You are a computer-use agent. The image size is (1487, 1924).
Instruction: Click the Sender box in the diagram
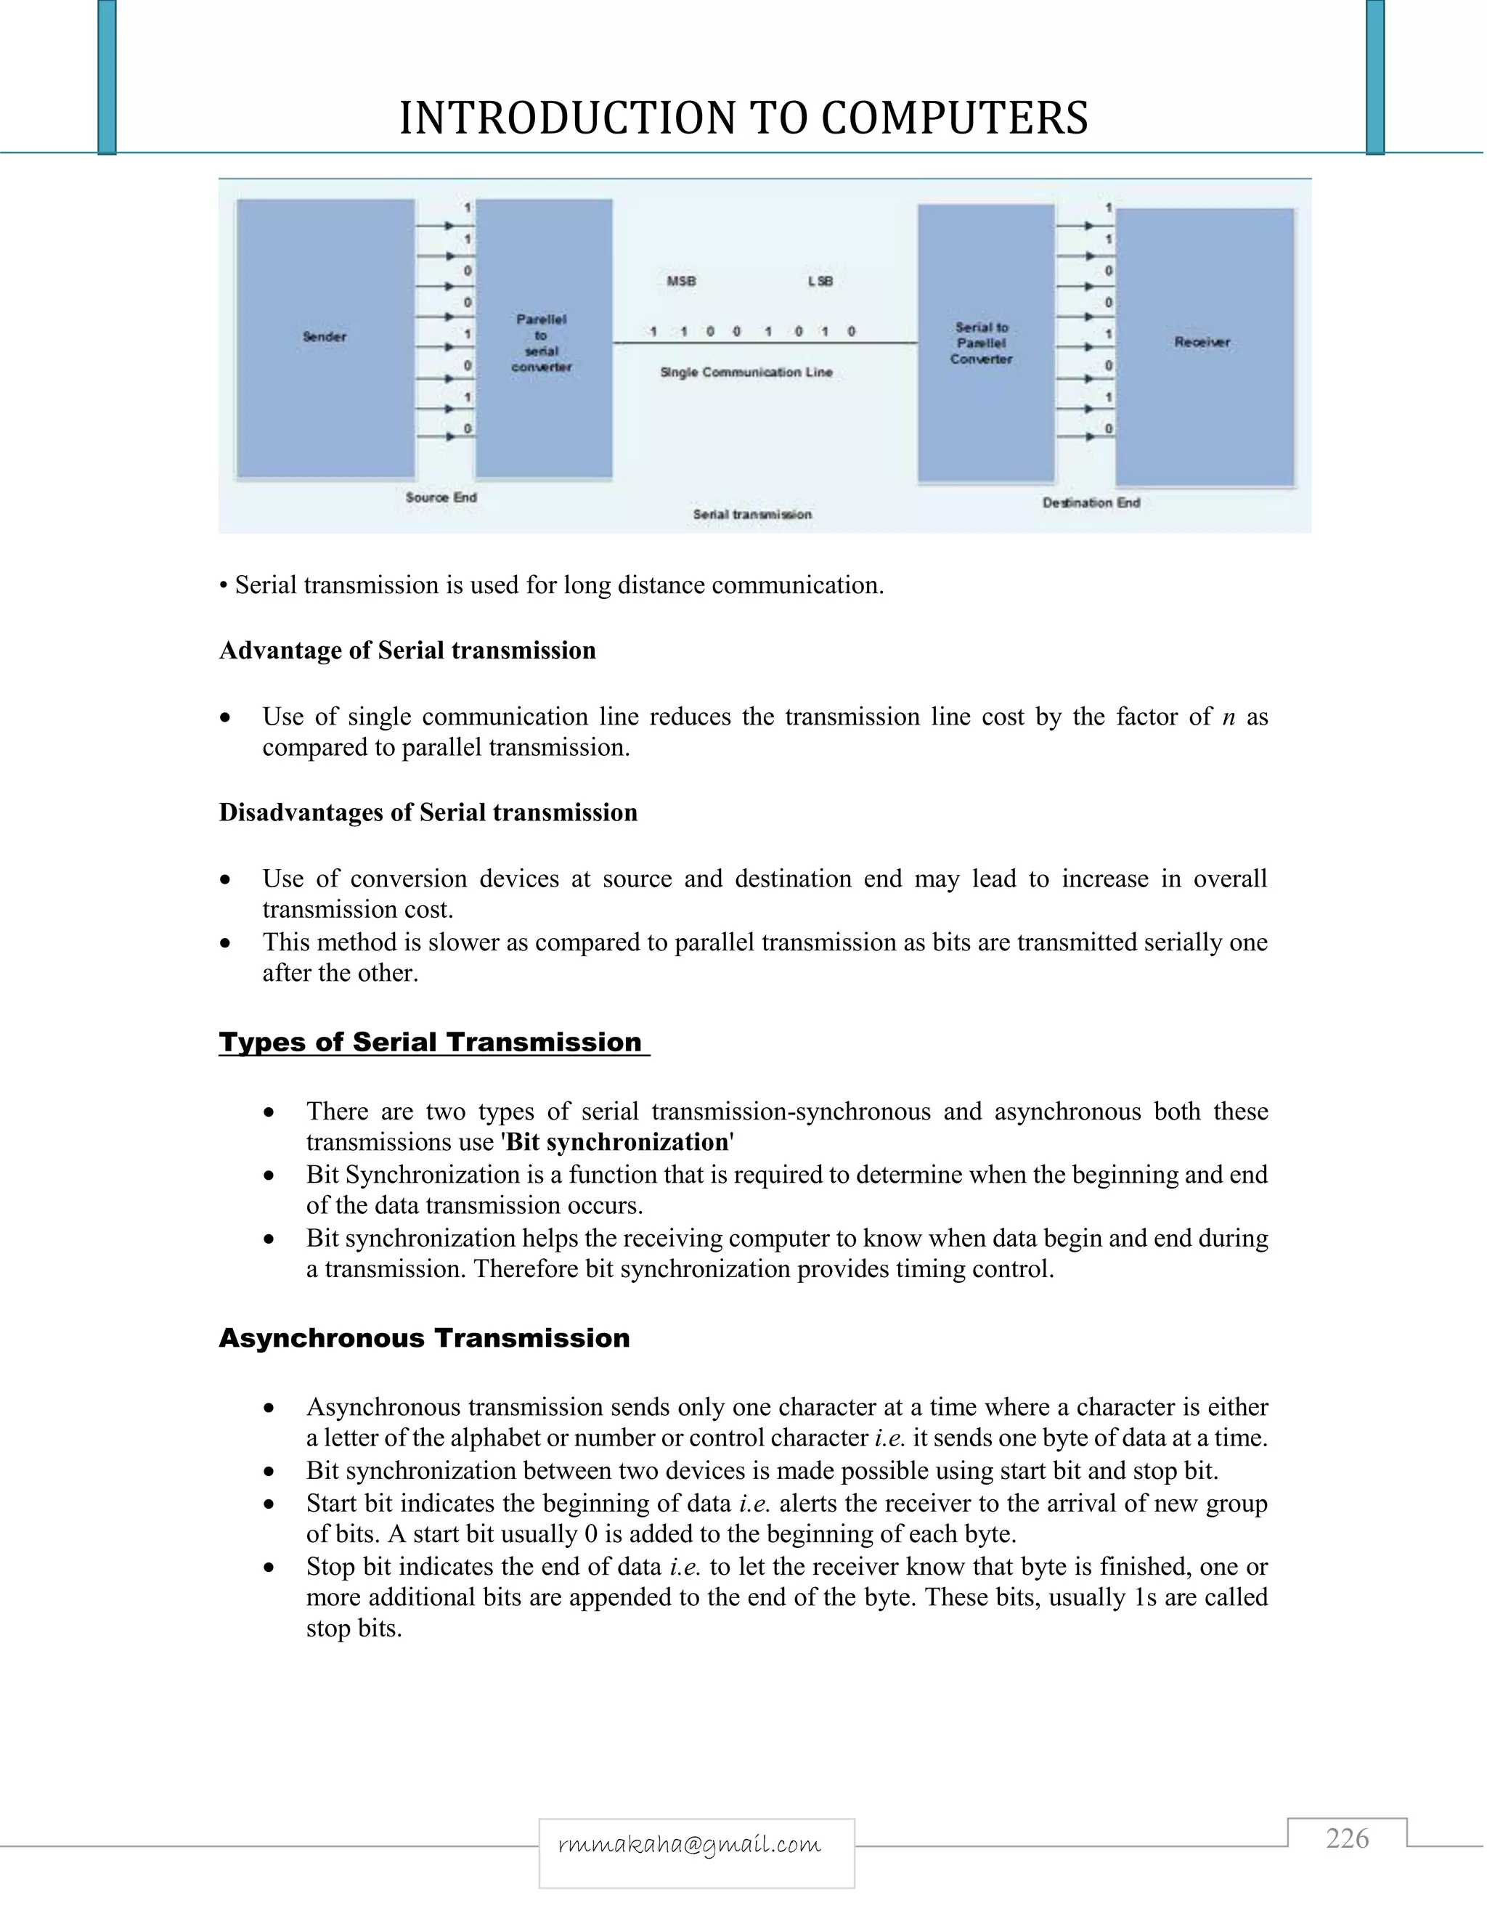325,338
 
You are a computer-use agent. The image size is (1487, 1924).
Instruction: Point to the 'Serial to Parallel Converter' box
984,343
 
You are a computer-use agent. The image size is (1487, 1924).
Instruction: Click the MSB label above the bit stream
681,282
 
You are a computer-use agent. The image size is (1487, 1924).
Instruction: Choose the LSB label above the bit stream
820,282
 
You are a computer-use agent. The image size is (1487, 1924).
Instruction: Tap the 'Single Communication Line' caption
746,372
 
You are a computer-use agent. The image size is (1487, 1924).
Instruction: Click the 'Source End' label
441,498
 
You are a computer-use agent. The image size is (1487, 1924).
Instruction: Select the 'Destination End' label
1091,503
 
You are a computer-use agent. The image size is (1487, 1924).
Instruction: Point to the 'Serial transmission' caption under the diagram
752,515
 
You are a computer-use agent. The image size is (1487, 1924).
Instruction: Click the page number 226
1347,1840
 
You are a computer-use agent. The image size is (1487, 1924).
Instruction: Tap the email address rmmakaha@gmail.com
690,1844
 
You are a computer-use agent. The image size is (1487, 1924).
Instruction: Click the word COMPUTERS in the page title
954,119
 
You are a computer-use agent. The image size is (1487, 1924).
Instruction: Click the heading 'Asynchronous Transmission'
425,1338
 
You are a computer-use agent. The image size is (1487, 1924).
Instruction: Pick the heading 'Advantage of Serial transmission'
407,651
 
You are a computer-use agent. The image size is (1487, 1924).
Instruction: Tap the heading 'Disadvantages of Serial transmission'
428,812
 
